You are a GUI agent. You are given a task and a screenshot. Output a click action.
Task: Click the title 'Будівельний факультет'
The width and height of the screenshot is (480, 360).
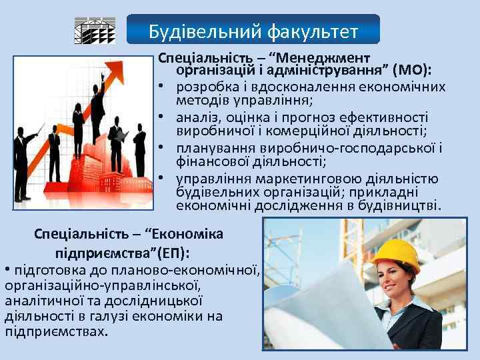click(253, 31)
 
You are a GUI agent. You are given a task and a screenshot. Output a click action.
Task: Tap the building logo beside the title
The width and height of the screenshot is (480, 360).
click(94, 31)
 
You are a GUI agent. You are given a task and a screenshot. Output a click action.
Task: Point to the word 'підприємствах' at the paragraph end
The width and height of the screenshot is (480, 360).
click(55, 331)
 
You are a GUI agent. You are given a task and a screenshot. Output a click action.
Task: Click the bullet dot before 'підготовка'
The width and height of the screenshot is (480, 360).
click(7, 270)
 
